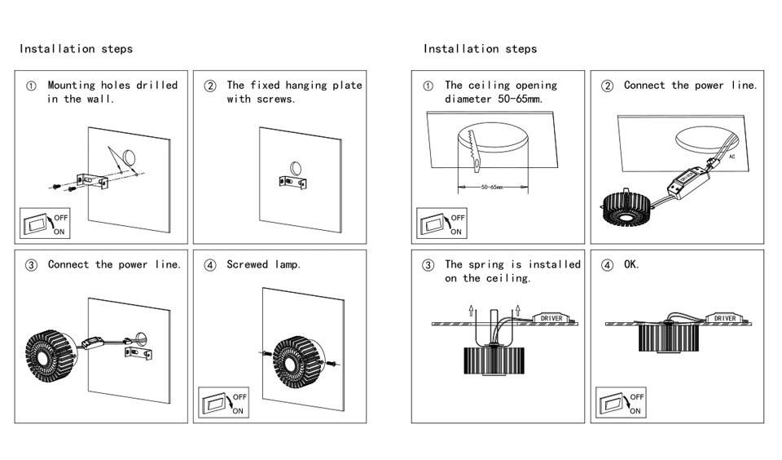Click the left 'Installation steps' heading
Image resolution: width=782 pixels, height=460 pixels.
(x=76, y=49)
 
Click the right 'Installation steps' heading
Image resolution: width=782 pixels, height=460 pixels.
(x=480, y=49)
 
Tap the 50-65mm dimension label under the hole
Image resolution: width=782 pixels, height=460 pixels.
(x=492, y=188)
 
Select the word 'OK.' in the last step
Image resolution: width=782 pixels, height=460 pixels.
(x=631, y=264)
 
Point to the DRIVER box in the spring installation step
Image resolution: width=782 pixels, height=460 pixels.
(x=551, y=318)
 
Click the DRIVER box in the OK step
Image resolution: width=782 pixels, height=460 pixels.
(x=725, y=318)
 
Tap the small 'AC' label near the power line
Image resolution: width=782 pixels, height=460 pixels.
(x=731, y=157)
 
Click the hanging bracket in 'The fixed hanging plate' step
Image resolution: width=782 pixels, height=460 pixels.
(x=292, y=182)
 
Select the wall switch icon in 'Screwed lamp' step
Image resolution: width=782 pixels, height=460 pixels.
(x=223, y=402)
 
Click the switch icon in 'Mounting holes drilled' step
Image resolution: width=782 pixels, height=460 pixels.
(x=45, y=223)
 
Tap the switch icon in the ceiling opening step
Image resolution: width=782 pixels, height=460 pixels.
(x=442, y=223)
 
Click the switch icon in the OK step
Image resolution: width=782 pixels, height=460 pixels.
(x=621, y=402)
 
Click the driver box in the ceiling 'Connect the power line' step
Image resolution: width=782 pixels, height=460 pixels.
(x=689, y=181)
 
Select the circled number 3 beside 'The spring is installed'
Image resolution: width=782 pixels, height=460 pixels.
(x=428, y=265)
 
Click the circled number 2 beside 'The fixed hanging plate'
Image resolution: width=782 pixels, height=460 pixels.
(x=210, y=86)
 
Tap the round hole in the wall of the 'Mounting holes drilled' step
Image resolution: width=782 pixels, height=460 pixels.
(x=130, y=157)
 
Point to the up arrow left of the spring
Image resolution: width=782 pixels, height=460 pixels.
(x=472, y=310)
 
